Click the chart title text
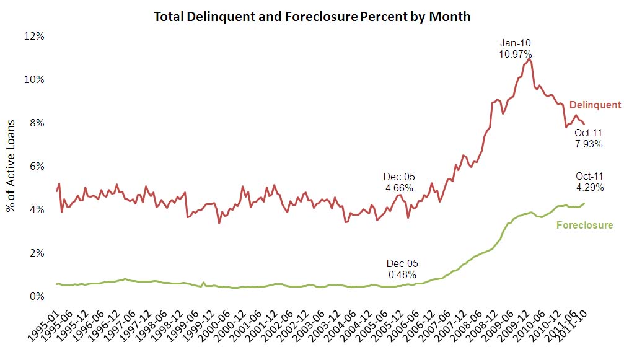point(312,17)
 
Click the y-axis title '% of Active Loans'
point(11,166)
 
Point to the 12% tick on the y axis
point(35,36)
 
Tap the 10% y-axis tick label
point(35,79)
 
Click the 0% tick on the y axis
point(37,296)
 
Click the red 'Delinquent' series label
point(595,105)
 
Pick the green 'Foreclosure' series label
point(584,225)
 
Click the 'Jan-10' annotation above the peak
point(516,43)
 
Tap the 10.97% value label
point(516,54)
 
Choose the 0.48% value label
point(402,274)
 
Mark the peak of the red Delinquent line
point(530,59)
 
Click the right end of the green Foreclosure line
point(584,203)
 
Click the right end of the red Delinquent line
point(584,125)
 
